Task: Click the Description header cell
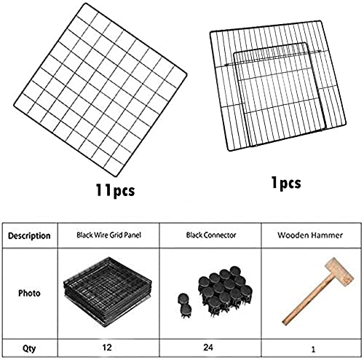coord(29,236)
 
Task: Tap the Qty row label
coord(29,348)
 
